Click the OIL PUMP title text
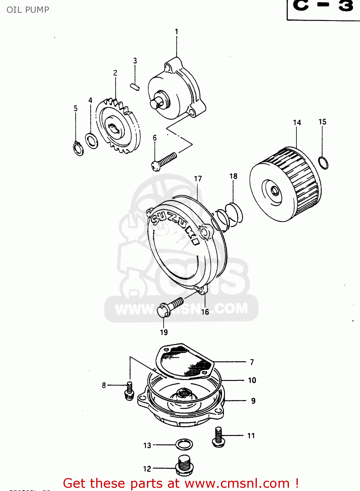click(x=28, y=10)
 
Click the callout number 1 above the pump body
click(x=176, y=32)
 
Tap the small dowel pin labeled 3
click(x=135, y=87)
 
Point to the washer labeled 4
click(x=91, y=140)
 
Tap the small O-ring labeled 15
click(x=323, y=163)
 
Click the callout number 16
click(x=205, y=312)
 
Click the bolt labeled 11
click(x=218, y=437)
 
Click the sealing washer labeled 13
click(x=184, y=445)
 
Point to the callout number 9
click(x=253, y=401)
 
